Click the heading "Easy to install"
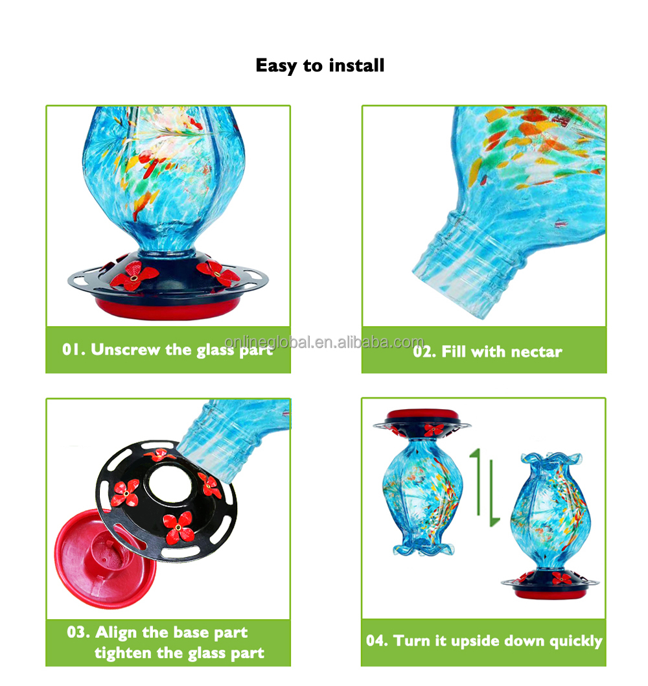click(320, 65)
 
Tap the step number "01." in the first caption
click(75, 349)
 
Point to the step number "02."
click(425, 352)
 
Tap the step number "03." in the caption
click(79, 632)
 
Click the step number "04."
click(378, 641)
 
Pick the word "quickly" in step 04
click(576, 641)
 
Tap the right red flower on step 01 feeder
click(218, 274)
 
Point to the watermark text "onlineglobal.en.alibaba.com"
click(324, 342)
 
